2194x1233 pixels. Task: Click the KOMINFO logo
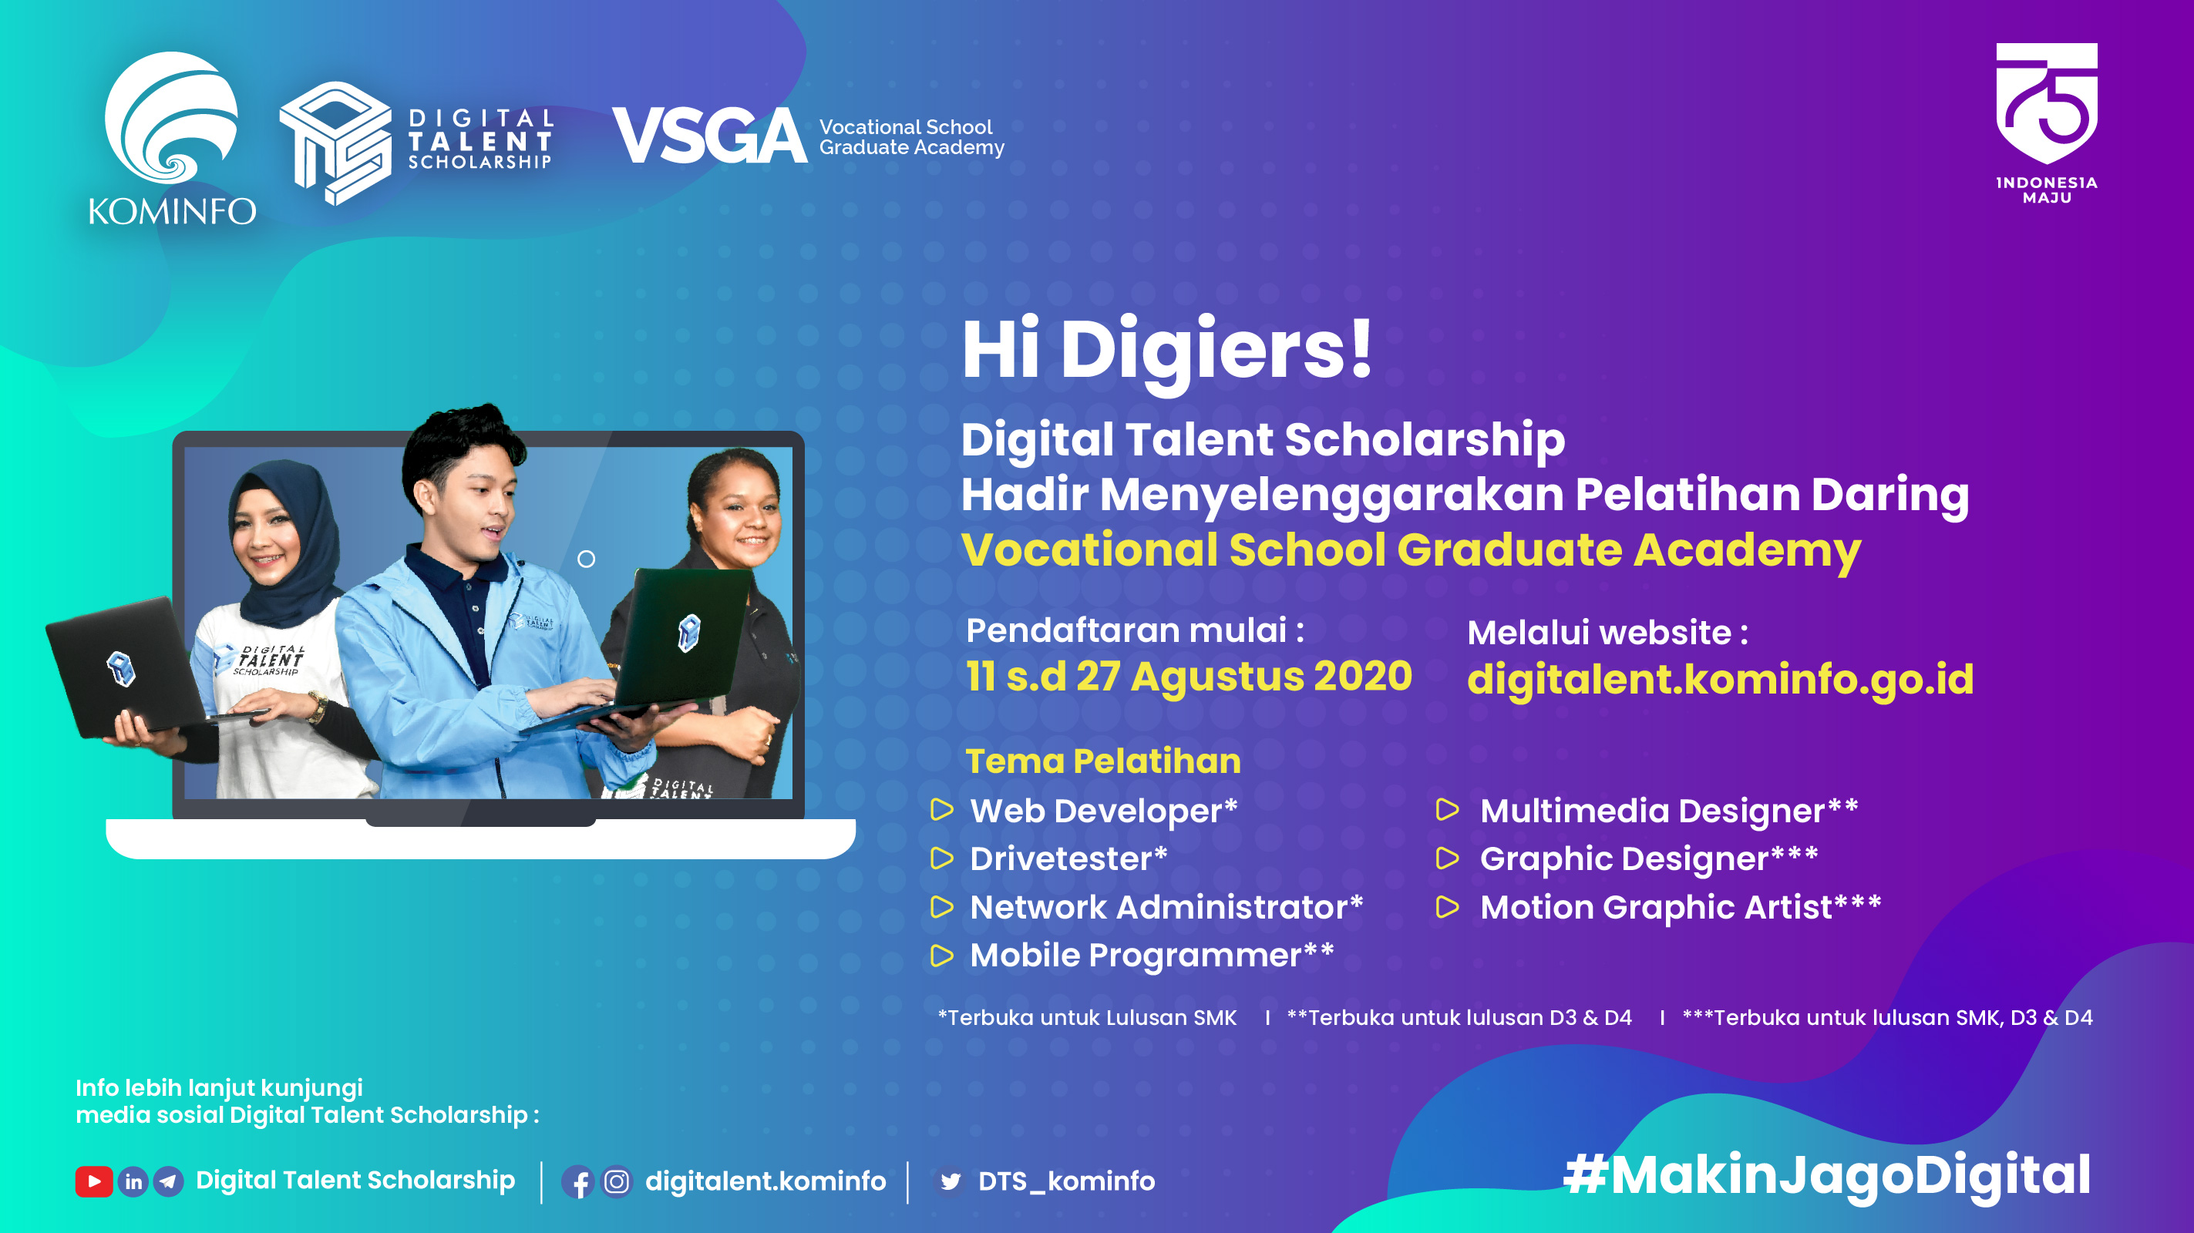point(172,139)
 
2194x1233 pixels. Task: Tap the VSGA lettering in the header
point(708,136)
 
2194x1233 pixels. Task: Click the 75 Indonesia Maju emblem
point(2047,123)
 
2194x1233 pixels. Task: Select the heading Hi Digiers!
point(1167,349)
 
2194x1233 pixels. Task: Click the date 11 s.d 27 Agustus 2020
point(1189,677)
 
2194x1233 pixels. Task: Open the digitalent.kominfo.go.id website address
point(1721,680)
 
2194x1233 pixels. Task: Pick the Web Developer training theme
point(1104,811)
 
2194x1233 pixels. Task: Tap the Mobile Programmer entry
point(1153,956)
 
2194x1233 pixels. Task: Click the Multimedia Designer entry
point(1669,811)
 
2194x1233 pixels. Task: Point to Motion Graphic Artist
point(1681,907)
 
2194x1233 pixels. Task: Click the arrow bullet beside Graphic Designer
point(1447,858)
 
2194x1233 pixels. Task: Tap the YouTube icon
point(94,1181)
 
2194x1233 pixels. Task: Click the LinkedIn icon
point(133,1181)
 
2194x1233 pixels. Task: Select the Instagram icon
point(617,1182)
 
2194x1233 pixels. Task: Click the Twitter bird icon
point(950,1182)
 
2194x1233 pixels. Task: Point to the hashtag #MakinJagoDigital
point(1827,1176)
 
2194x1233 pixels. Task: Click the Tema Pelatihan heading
point(1103,761)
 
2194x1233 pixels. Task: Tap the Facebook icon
point(578,1182)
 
